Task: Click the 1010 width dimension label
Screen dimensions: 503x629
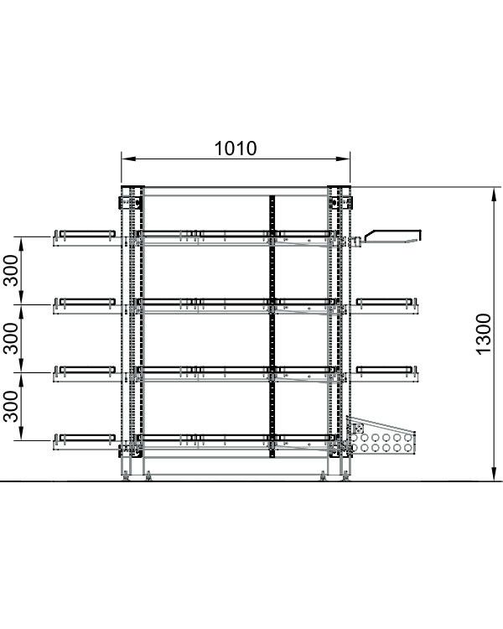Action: (x=236, y=148)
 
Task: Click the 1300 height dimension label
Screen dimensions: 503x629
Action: (x=484, y=334)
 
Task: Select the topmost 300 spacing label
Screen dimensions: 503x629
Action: (x=11, y=271)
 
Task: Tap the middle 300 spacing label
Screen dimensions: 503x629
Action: (x=11, y=339)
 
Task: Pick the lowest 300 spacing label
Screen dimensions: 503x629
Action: (x=11, y=407)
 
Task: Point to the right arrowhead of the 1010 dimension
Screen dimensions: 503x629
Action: (x=345, y=159)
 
